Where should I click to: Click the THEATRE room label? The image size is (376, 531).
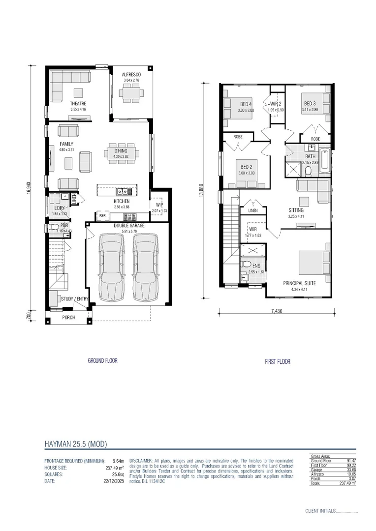pyautogui.click(x=78, y=104)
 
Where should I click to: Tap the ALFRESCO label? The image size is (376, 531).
pyautogui.click(x=131, y=75)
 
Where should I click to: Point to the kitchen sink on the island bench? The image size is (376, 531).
pyautogui.click(x=122, y=191)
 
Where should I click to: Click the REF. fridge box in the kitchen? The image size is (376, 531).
pyautogui.click(x=103, y=215)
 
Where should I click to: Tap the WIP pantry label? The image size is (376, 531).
pyautogui.click(x=159, y=205)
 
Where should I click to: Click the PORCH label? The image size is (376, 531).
pyautogui.click(x=68, y=318)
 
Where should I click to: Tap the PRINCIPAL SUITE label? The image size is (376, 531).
pyautogui.click(x=299, y=283)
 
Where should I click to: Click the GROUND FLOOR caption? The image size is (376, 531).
pyautogui.click(x=102, y=360)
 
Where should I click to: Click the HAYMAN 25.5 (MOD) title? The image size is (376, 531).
pyautogui.click(x=75, y=444)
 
